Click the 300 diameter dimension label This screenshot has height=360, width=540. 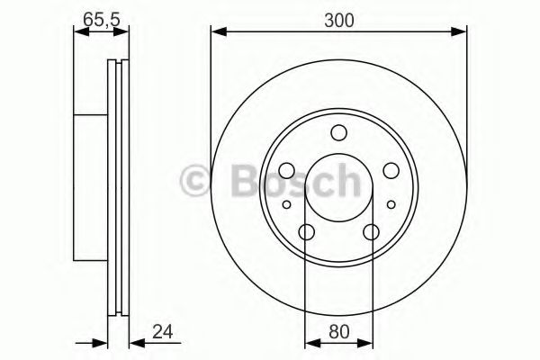point(339,17)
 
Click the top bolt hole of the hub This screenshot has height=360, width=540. point(338,134)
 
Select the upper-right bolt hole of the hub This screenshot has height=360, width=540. point(391,170)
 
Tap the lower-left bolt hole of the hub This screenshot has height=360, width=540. point(306,233)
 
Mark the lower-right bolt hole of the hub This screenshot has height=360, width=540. point(372,233)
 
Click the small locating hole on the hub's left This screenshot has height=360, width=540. point(287,205)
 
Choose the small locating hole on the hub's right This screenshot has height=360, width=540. point(391,205)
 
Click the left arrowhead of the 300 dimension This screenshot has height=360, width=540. point(217,33)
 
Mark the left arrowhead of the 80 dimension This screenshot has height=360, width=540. point(311,342)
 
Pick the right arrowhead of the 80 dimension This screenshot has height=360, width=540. point(366,342)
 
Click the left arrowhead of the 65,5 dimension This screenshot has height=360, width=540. point(78,33)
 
